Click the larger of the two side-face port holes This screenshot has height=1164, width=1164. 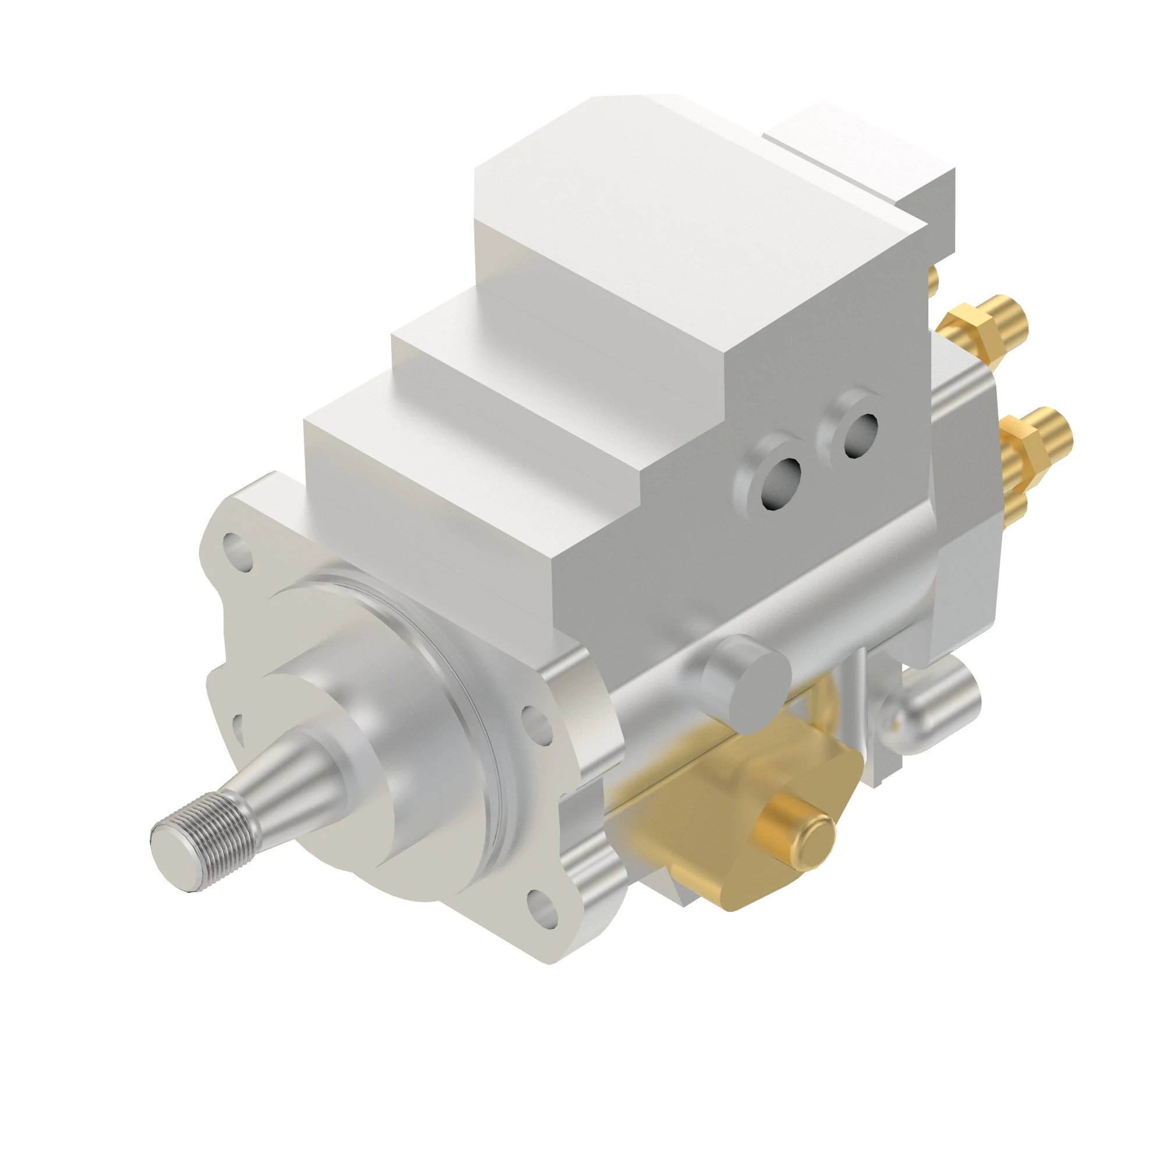tap(781, 482)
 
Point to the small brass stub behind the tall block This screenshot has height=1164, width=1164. tap(934, 280)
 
